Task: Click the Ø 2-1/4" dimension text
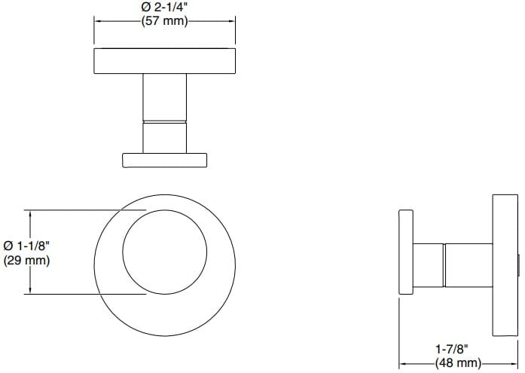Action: [165, 8]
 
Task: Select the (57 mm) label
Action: [165, 22]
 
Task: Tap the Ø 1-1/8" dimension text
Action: [27, 246]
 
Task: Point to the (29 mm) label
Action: [27, 261]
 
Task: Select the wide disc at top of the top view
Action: [165, 61]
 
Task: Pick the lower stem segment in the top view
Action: [165, 136]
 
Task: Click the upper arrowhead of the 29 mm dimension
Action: [30, 214]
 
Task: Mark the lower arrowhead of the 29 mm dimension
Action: [30, 290]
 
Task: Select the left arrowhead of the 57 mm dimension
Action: [97, 21]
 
